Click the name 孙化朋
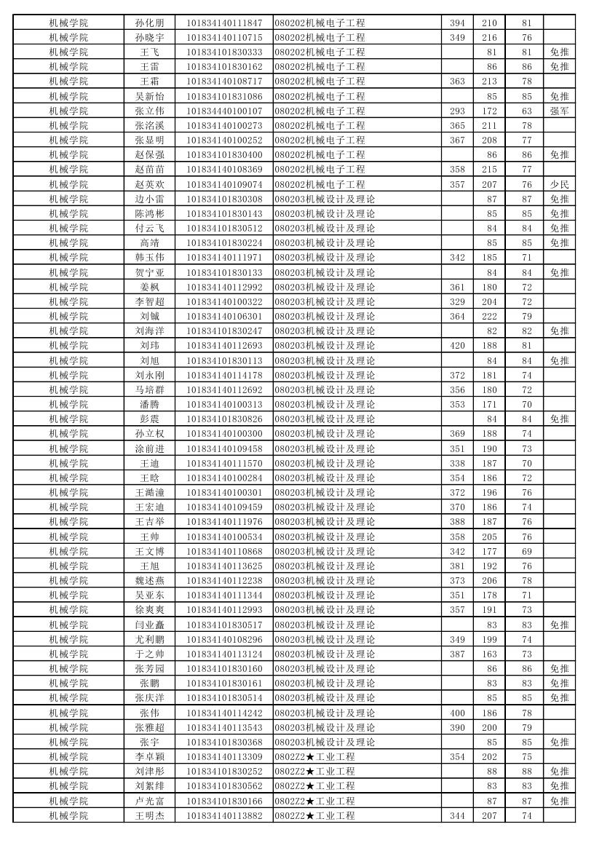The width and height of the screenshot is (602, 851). tap(149, 23)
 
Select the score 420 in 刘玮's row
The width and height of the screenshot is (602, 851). tap(457, 346)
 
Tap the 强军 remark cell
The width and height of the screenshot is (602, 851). tap(559, 111)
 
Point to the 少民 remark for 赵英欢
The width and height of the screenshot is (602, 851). tap(559, 184)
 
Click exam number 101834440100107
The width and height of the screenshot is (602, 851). tap(224, 111)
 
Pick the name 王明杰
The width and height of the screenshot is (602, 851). tap(149, 815)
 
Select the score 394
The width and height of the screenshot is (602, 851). tap(457, 23)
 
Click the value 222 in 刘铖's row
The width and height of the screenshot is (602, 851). tap(489, 316)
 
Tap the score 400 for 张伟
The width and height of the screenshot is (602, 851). tap(457, 713)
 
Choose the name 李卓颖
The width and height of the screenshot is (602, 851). tap(149, 756)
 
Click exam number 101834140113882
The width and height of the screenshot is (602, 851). tap(224, 815)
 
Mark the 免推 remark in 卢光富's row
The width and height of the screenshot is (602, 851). tap(559, 801)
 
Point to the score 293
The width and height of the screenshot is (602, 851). tap(457, 111)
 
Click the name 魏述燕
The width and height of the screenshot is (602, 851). tap(149, 580)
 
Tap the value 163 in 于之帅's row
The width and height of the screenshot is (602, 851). tap(489, 654)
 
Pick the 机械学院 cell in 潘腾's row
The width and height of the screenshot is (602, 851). tap(68, 404)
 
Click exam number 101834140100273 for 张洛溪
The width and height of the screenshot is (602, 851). tap(224, 125)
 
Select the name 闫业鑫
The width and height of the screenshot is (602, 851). tap(149, 625)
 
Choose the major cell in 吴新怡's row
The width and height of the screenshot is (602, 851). tap(320, 96)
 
